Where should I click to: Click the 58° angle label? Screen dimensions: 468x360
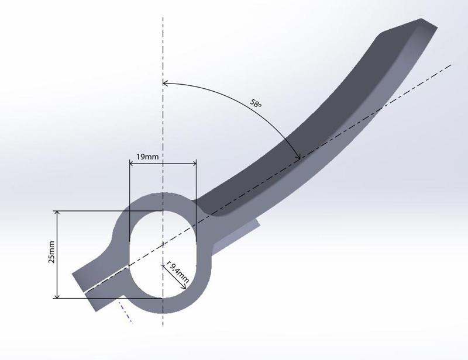pos(256,104)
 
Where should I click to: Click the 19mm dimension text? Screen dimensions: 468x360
pos(147,156)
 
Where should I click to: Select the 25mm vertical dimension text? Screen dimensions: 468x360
pos(51,252)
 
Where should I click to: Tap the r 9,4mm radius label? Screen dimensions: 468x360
pos(178,272)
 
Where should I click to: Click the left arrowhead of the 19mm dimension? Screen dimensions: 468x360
pos(132,163)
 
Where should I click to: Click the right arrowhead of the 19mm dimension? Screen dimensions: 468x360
pos(194,163)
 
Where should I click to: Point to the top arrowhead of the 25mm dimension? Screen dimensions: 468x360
pos(57,213)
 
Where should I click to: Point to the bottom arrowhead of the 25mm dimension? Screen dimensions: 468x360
pos(57,296)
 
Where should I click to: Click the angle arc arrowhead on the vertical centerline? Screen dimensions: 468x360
pos(165,82)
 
